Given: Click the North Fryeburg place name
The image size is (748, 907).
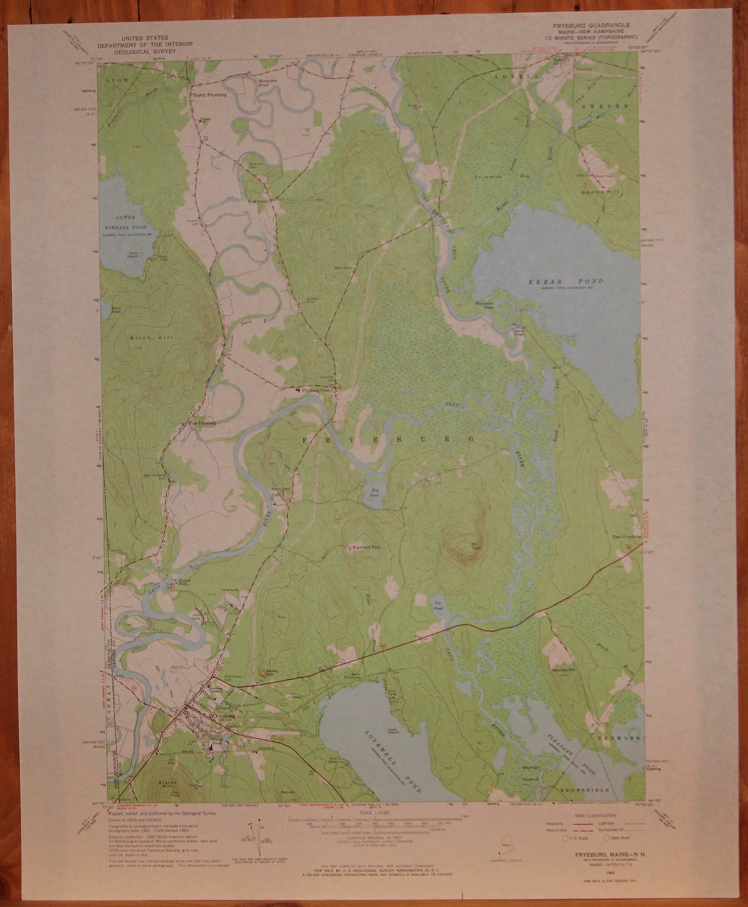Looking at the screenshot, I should [210, 96].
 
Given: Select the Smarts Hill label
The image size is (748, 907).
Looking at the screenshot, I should [594, 192].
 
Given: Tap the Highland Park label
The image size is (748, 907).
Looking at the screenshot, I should [366, 547].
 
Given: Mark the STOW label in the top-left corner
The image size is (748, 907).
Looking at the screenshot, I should [115, 80].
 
